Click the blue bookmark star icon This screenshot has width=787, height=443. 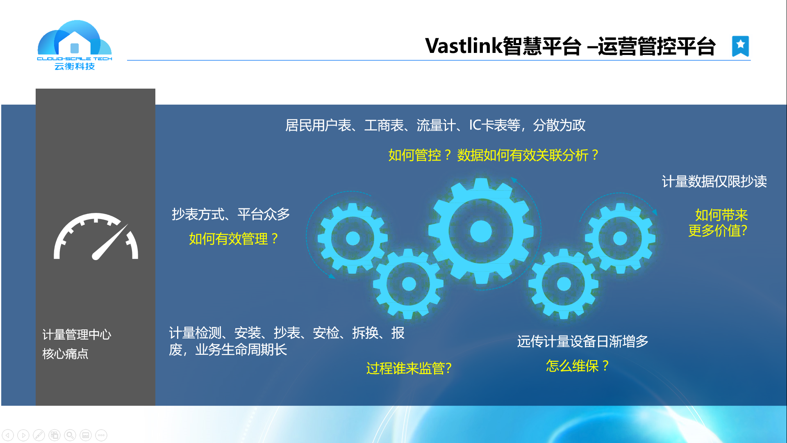pyautogui.click(x=740, y=46)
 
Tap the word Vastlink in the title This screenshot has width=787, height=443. pyautogui.click(x=464, y=46)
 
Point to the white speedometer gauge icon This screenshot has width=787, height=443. pyautogui.click(x=96, y=237)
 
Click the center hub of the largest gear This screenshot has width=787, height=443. pyautogui.click(x=481, y=231)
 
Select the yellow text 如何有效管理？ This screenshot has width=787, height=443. pyautogui.click(x=234, y=239)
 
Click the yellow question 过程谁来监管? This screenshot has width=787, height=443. pyautogui.click(x=409, y=368)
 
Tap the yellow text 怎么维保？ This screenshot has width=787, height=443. pyautogui.click(x=578, y=365)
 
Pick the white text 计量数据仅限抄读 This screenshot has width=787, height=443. pyautogui.click(x=714, y=181)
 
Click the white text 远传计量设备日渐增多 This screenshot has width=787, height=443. pyautogui.click(x=582, y=341)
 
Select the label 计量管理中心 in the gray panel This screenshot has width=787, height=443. pyautogui.click(x=77, y=335)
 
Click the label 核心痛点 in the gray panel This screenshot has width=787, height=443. pyautogui.click(x=65, y=354)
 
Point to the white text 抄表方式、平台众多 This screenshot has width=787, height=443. pyautogui.click(x=231, y=214)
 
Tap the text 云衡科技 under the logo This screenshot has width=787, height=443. pyautogui.click(x=75, y=66)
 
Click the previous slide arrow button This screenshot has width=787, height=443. pyautogui.click(x=8, y=435)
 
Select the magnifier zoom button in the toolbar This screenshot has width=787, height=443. pyautogui.click(x=70, y=435)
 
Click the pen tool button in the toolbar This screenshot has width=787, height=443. pyautogui.click(x=39, y=435)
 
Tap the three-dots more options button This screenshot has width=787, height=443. pyautogui.click(x=101, y=435)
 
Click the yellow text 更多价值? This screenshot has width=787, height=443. pyautogui.click(x=718, y=231)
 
